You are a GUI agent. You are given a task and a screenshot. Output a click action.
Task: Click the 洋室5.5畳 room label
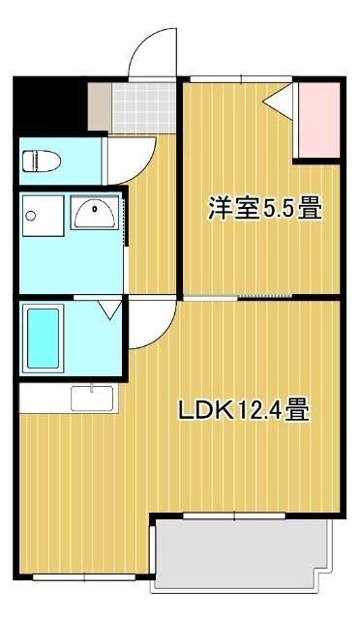coord(263,208)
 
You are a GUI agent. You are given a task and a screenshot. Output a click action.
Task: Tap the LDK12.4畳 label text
coord(243,410)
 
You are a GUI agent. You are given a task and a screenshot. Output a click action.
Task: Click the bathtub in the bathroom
coord(44,337)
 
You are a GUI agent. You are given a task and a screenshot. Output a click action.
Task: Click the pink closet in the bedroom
coord(316,121)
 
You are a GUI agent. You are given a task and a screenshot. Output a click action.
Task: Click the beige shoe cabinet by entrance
coord(100,106)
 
